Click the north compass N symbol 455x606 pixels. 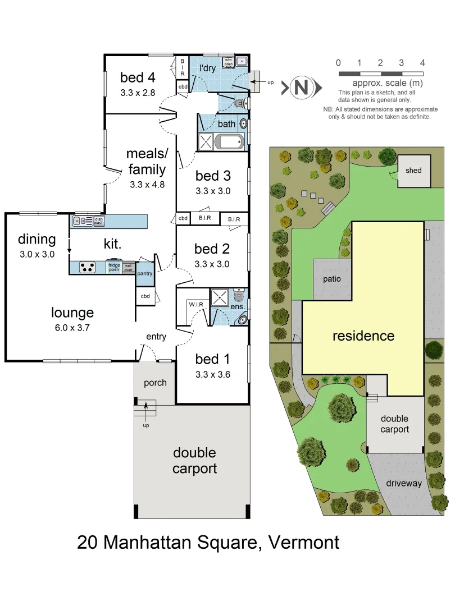(302, 87)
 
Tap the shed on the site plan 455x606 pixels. (413, 171)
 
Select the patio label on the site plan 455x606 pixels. (333, 278)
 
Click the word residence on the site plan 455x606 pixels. (363, 336)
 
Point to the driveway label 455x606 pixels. (403, 483)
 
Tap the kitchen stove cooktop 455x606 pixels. (87, 267)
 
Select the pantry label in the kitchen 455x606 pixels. (145, 273)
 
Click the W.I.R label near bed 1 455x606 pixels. (196, 305)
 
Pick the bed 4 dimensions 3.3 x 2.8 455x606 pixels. (137, 93)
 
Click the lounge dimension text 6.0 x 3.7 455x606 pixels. (72, 328)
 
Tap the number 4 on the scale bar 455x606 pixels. (422, 63)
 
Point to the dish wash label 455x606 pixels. (99, 221)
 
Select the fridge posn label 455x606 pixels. (114, 267)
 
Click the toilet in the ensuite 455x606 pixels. (239, 296)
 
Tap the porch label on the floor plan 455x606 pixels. (155, 383)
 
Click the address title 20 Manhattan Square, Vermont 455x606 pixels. (208, 543)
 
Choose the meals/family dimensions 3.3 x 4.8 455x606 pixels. (147, 184)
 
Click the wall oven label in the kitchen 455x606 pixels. (128, 267)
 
